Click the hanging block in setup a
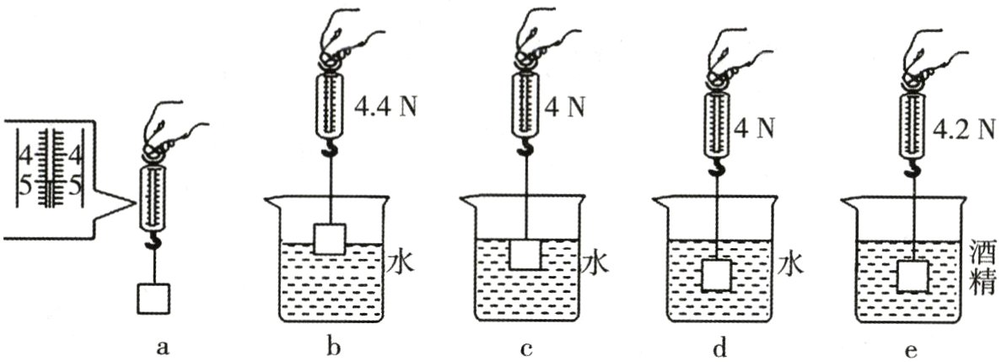[153, 299]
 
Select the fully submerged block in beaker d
[716, 275]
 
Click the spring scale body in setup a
[154, 199]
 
